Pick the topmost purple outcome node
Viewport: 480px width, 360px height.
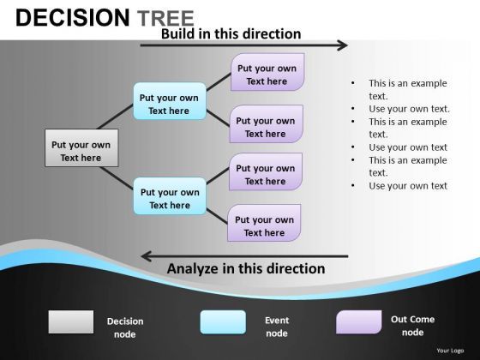tap(267, 73)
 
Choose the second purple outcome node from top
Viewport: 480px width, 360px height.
tap(266, 125)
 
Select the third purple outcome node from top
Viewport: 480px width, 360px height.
tap(266, 172)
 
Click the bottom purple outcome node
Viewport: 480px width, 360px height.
tap(264, 224)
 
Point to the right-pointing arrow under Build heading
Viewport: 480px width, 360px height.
tap(244, 45)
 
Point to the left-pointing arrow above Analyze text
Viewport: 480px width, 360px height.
tap(244, 255)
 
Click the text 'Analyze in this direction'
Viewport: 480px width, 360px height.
tap(246, 269)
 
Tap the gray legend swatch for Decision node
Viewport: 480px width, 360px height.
tap(71, 321)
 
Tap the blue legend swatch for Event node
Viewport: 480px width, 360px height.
tap(223, 321)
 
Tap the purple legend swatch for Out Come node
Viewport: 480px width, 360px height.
tap(358, 321)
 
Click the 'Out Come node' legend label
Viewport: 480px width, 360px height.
tap(412, 326)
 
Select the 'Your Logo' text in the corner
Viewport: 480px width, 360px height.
tap(449, 351)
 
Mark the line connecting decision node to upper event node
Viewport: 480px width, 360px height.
tap(110, 113)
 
